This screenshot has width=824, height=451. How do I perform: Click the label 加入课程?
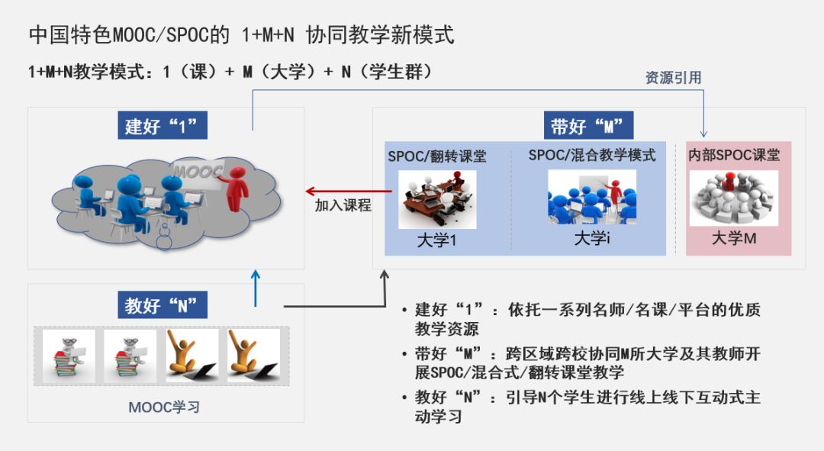tap(343, 205)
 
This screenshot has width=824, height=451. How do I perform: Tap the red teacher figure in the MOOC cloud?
tap(239, 188)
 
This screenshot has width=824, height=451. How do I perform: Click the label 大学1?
tap(436, 240)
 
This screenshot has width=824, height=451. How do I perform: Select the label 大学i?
tap(592, 238)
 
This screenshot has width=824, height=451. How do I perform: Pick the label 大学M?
tap(733, 238)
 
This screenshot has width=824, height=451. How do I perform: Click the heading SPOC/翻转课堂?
tap(436, 156)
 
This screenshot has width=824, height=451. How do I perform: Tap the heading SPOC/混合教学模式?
tap(592, 156)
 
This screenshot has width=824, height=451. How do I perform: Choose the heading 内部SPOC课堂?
tap(733, 156)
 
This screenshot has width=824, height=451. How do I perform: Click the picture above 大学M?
tap(733, 198)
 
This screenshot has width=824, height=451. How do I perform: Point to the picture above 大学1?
tap(437, 198)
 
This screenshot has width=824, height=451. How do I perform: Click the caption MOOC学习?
tap(163, 407)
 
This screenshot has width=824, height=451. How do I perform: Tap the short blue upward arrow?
tap(256, 288)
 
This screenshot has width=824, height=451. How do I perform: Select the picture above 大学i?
tap(592, 197)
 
